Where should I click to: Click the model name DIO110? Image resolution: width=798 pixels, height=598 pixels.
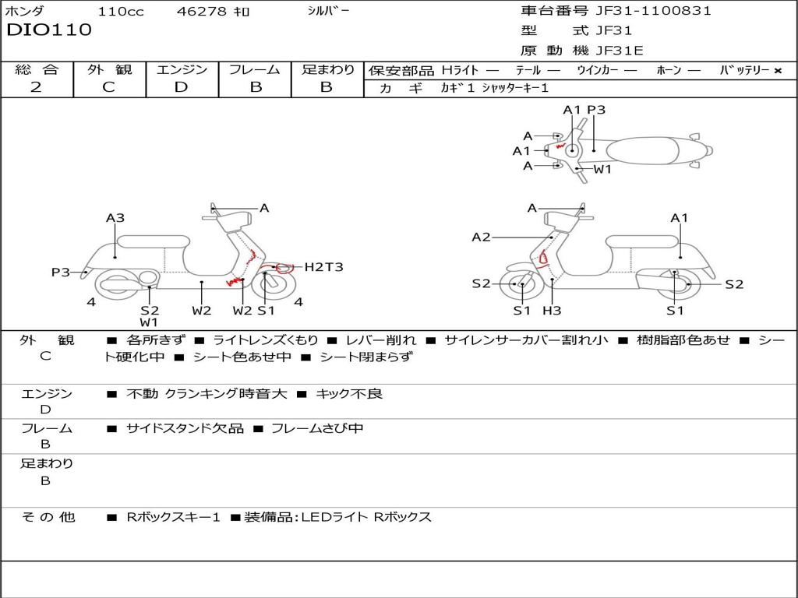(49, 30)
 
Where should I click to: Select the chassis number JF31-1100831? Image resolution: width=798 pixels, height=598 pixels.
(654, 11)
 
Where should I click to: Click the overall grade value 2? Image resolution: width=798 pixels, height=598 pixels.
(36, 87)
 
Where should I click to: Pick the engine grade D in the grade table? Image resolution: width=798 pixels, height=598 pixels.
(181, 87)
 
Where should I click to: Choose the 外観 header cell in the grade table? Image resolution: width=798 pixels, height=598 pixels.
(109, 69)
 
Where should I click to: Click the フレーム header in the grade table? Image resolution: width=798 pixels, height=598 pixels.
(255, 69)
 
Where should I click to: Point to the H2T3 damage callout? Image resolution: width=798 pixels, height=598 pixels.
(323, 266)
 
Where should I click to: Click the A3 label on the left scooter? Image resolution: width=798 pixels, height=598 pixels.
(115, 218)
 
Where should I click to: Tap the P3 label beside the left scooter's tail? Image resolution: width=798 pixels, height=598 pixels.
(61, 273)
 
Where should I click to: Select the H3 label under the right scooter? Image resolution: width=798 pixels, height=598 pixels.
(552, 310)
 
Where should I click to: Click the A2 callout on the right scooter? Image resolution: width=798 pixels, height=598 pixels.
(481, 237)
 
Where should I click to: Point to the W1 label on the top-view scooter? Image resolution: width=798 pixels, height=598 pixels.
(602, 169)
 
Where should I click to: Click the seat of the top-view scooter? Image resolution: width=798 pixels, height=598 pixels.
(642, 151)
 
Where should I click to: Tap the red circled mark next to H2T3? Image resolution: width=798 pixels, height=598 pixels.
(285, 268)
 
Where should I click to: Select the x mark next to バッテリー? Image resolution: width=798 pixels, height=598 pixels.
(778, 71)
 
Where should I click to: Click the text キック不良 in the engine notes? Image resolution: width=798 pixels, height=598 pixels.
(349, 393)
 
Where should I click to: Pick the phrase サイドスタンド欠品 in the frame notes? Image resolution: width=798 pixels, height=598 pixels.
(185, 429)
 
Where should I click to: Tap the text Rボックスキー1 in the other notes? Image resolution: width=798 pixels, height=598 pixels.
(173, 518)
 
